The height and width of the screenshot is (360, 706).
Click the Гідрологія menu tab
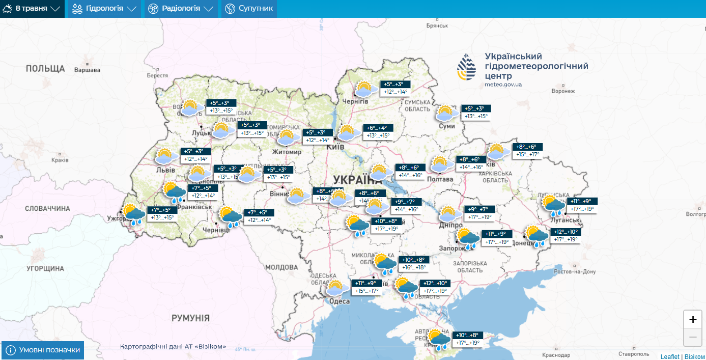[104, 9]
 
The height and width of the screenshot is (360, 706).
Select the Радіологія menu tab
[181, 9]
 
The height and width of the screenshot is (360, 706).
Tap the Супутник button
[249, 9]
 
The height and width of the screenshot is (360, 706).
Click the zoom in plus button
[692, 319]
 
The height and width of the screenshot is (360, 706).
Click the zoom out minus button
[692, 337]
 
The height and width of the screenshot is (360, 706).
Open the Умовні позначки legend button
[43, 350]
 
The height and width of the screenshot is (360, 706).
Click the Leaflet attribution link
[670, 356]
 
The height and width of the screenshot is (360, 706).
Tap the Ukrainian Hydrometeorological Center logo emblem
[467, 68]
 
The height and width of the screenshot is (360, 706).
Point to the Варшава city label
[87, 70]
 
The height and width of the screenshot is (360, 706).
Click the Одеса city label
[340, 301]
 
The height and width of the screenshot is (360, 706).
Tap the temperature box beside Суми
[476, 113]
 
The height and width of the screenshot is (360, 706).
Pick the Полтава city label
[440, 179]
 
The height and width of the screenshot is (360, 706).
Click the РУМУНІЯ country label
[190, 318]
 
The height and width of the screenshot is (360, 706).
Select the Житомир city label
[287, 152]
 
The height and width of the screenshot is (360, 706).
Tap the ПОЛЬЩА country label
[45, 68]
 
